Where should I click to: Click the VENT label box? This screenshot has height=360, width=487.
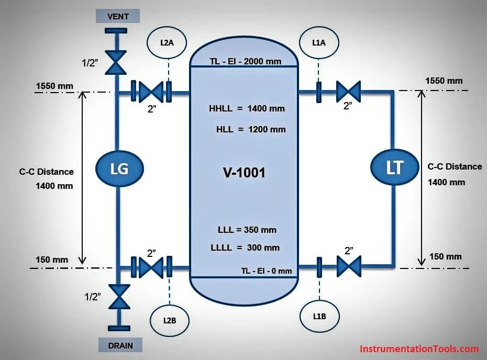(118, 17)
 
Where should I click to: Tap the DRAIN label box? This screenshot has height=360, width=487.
(120, 345)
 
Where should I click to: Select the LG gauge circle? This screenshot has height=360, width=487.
(119, 168)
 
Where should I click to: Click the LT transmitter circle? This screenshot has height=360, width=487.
(394, 167)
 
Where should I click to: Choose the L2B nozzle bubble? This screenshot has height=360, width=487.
(169, 319)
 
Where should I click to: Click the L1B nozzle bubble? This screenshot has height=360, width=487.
(319, 316)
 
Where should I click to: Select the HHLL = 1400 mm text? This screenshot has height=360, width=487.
(247, 109)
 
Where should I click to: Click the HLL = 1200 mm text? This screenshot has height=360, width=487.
(251, 129)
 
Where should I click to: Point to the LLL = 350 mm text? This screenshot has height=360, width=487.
(247, 229)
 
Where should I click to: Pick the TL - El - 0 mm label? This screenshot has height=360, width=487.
(267, 271)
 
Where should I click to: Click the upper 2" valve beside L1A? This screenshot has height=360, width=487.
(348, 92)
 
